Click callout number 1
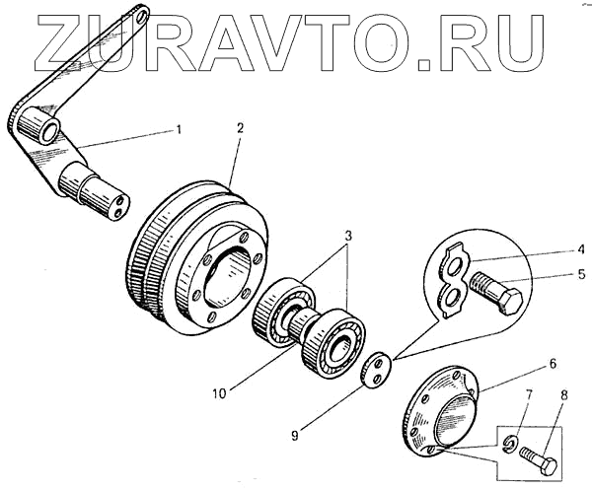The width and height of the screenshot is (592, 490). pyautogui.click(x=179, y=129)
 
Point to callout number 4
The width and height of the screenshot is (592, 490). pyautogui.click(x=555, y=250)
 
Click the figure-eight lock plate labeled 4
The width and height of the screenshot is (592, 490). pyautogui.click(x=450, y=280)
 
